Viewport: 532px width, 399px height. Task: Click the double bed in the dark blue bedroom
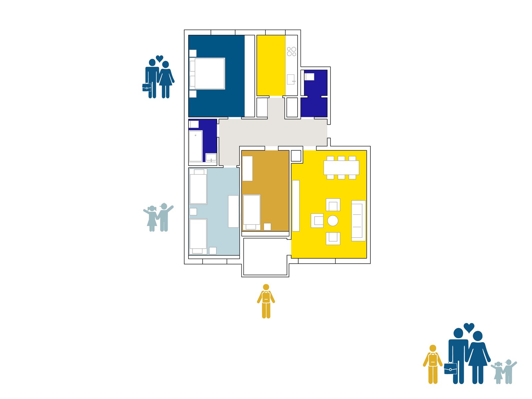[x=209, y=73]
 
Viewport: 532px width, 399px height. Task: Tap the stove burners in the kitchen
[x=292, y=52]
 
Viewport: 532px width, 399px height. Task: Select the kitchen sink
[x=291, y=79]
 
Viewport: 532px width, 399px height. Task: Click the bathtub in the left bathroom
[x=196, y=146]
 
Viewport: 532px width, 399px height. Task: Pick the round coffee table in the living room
[x=333, y=221]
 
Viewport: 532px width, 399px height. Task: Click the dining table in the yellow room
[x=341, y=168]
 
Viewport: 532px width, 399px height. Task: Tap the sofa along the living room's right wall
[x=358, y=221]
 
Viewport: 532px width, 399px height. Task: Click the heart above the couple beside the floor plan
[x=160, y=59]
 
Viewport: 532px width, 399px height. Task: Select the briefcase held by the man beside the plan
[x=147, y=87]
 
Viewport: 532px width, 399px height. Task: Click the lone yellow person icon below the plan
[x=266, y=301]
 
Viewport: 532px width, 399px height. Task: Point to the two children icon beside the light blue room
[x=158, y=218]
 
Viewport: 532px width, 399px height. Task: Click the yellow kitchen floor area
[x=271, y=65]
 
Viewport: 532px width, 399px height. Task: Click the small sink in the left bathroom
[x=211, y=157]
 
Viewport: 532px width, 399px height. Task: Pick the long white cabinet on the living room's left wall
[x=296, y=205]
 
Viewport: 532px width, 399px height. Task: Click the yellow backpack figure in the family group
[x=433, y=364]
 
